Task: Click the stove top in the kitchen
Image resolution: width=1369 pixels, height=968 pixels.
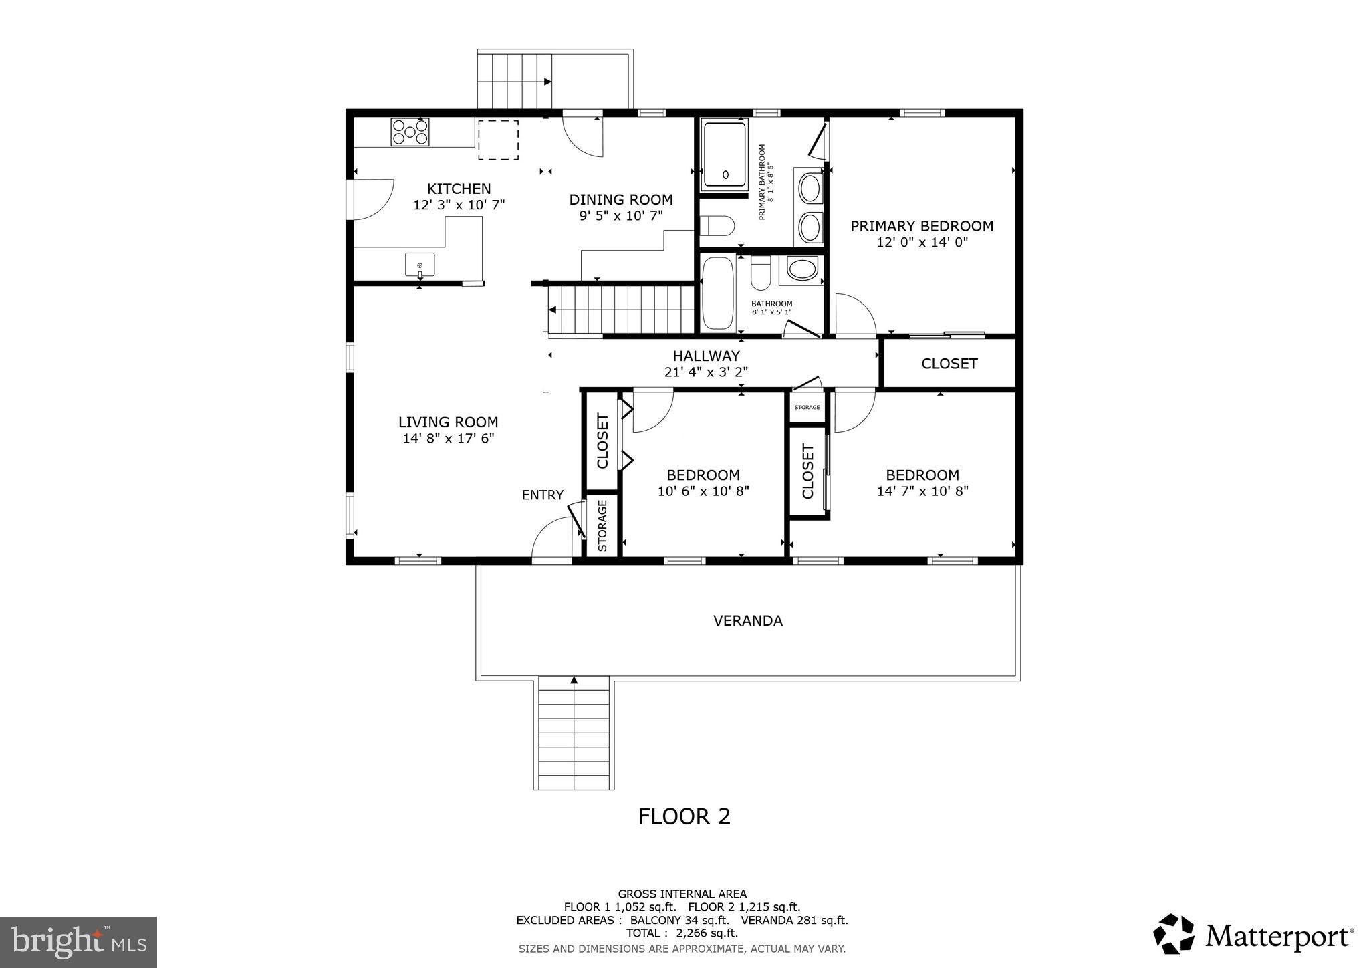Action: (x=410, y=132)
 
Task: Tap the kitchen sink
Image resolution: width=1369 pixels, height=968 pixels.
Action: (x=420, y=265)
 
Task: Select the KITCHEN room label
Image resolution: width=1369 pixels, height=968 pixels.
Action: (x=459, y=189)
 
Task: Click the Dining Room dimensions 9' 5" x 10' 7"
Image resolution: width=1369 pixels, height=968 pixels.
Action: (x=620, y=215)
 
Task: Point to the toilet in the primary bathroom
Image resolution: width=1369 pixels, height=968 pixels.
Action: (x=717, y=226)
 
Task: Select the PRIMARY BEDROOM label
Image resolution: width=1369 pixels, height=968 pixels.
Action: (x=921, y=226)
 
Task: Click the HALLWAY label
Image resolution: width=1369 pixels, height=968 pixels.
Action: (x=706, y=356)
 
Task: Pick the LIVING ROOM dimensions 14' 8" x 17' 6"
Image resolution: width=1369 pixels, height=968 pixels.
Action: (x=448, y=439)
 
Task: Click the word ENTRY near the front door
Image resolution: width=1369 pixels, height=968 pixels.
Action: (x=542, y=495)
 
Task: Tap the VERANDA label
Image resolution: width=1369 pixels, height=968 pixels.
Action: (x=747, y=621)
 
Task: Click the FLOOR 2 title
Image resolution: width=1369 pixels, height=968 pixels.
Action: (x=684, y=816)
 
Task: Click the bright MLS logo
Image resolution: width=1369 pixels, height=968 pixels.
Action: (x=79, y=942)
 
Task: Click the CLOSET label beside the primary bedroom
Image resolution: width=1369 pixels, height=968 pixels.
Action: (x=949, y=364)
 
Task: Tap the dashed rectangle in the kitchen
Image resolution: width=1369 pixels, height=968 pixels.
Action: (x=498, y=140)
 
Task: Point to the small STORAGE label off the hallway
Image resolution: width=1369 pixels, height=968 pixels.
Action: (x=807, y=407)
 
